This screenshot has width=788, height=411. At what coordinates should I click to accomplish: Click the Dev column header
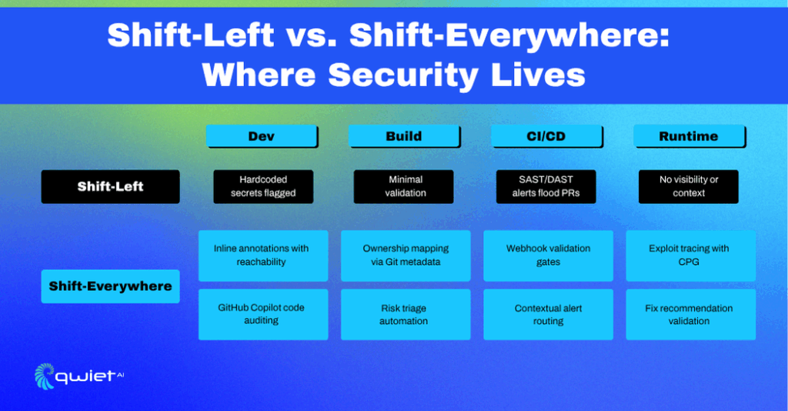click(x=262, y=136)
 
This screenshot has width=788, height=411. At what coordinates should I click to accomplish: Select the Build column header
click(x=404, y=136)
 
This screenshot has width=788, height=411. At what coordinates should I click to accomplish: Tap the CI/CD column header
click(x=547, y=136)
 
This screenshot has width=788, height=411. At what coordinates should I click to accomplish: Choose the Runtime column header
click(x=689, y=136)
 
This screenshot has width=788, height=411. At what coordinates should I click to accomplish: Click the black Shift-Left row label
click(x=111, y=186)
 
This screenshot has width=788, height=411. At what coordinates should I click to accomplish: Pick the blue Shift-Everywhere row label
click(x=111, y=286)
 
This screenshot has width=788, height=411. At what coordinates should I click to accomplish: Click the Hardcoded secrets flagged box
click(x=263, y=186)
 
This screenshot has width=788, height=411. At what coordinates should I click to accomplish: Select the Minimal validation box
click(x=403, y=186)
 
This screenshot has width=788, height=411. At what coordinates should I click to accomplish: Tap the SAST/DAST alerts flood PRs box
click(x=546, y=186)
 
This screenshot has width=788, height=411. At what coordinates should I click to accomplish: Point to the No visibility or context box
click(x=689, y=186)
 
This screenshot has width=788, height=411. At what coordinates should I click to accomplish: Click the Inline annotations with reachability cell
click(x=263, y=256)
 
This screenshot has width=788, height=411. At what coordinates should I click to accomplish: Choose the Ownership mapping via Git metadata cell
click(x=406, y=256)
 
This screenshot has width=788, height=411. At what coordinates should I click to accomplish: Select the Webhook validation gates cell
click(x=548, y=256)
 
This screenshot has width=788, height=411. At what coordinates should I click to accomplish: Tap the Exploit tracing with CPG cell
click(x=690, y=256)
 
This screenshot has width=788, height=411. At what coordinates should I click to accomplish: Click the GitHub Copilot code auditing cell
click(x=263, y=315)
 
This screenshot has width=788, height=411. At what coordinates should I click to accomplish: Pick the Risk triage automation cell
click(x=406, y=315)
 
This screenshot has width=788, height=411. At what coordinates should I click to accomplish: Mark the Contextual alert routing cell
click(x=548, y=315)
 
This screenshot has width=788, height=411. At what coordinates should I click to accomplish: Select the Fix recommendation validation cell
click(x=690, y=315)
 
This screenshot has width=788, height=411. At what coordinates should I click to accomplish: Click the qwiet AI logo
click(x=79, y=376)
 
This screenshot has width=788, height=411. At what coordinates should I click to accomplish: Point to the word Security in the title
click(x=403, y=76)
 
